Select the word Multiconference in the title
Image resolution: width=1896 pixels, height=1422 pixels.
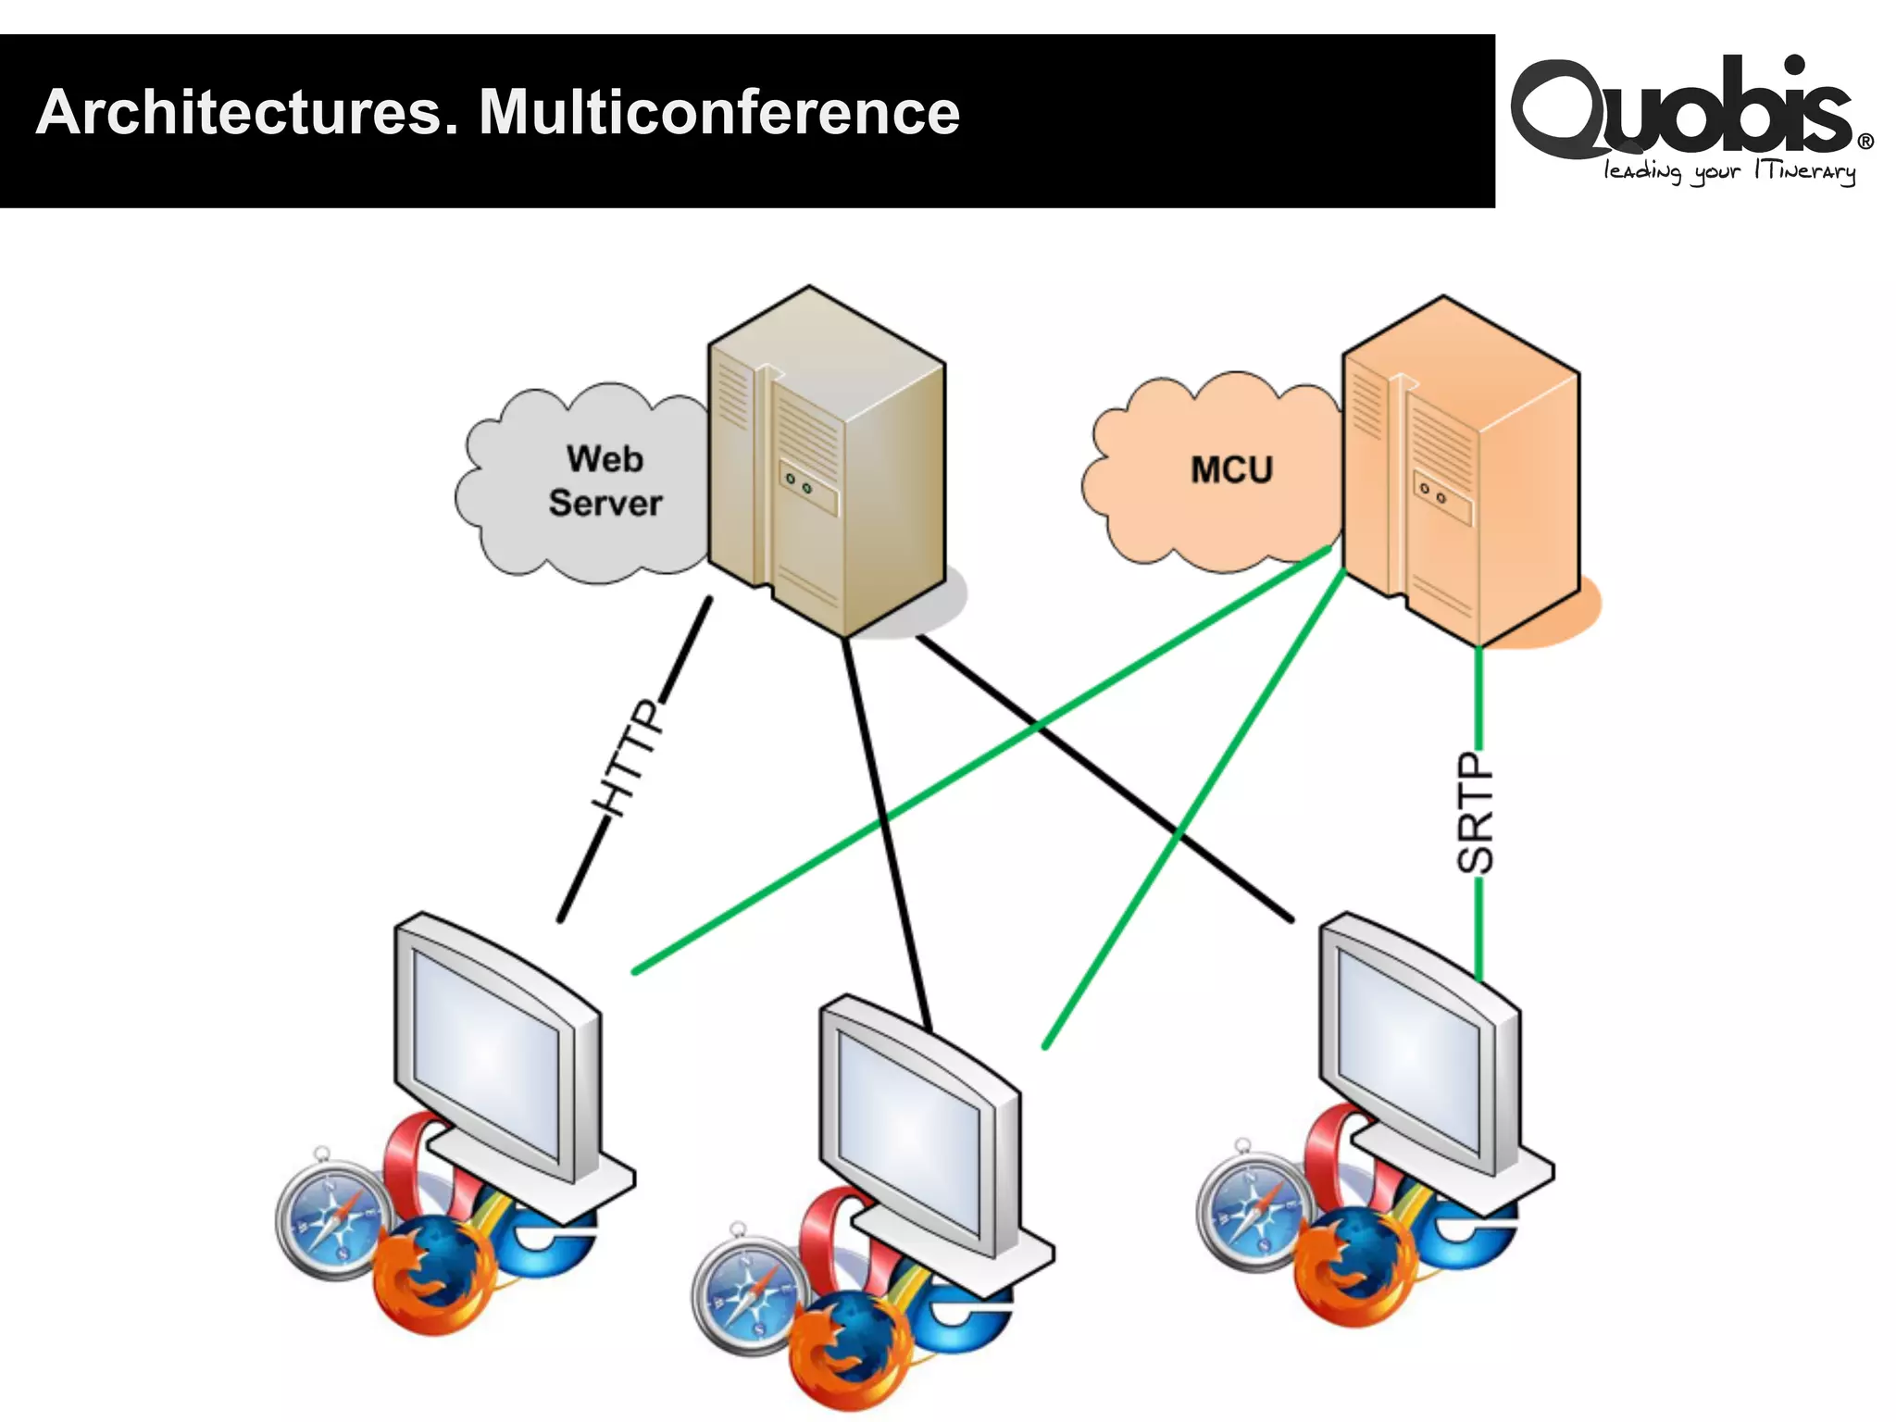[x=719, y=113]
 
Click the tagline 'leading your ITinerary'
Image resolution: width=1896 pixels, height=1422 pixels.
[x=1729, y=171]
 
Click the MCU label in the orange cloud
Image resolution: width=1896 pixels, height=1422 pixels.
[x=1231, y=470]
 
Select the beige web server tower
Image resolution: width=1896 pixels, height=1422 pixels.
[x=824, y=463]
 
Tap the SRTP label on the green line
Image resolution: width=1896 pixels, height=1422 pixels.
[x=1476, y=813]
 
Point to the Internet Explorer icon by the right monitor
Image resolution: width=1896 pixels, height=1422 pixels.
[x=1472, y=1236]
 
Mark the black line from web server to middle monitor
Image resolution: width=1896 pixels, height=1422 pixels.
[x=884, y=824]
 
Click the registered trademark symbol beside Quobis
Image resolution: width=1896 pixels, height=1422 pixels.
[x=1865, y=142]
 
